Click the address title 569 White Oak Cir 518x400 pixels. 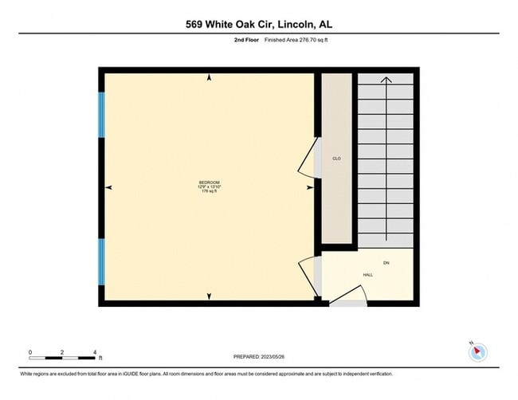coord(259,24)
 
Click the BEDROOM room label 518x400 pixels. coord(208,182)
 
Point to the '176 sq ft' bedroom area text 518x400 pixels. coord(208,192)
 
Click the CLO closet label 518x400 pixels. coord(336,159)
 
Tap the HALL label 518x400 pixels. coord(367,275)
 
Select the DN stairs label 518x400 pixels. coord(386,263)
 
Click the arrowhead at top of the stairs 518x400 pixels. coord(386,79)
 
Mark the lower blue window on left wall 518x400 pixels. coord(101,261)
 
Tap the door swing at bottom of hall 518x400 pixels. coord(348,300)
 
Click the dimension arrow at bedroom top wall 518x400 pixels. coord(209,78)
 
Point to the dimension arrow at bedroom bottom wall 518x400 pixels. coord(209,296)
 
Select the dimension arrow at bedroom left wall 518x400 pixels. coord(109,187)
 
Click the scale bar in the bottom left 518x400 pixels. coord(62,353)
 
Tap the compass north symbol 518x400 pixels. coord(477,351)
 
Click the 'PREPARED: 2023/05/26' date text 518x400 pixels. coord(259,356)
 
